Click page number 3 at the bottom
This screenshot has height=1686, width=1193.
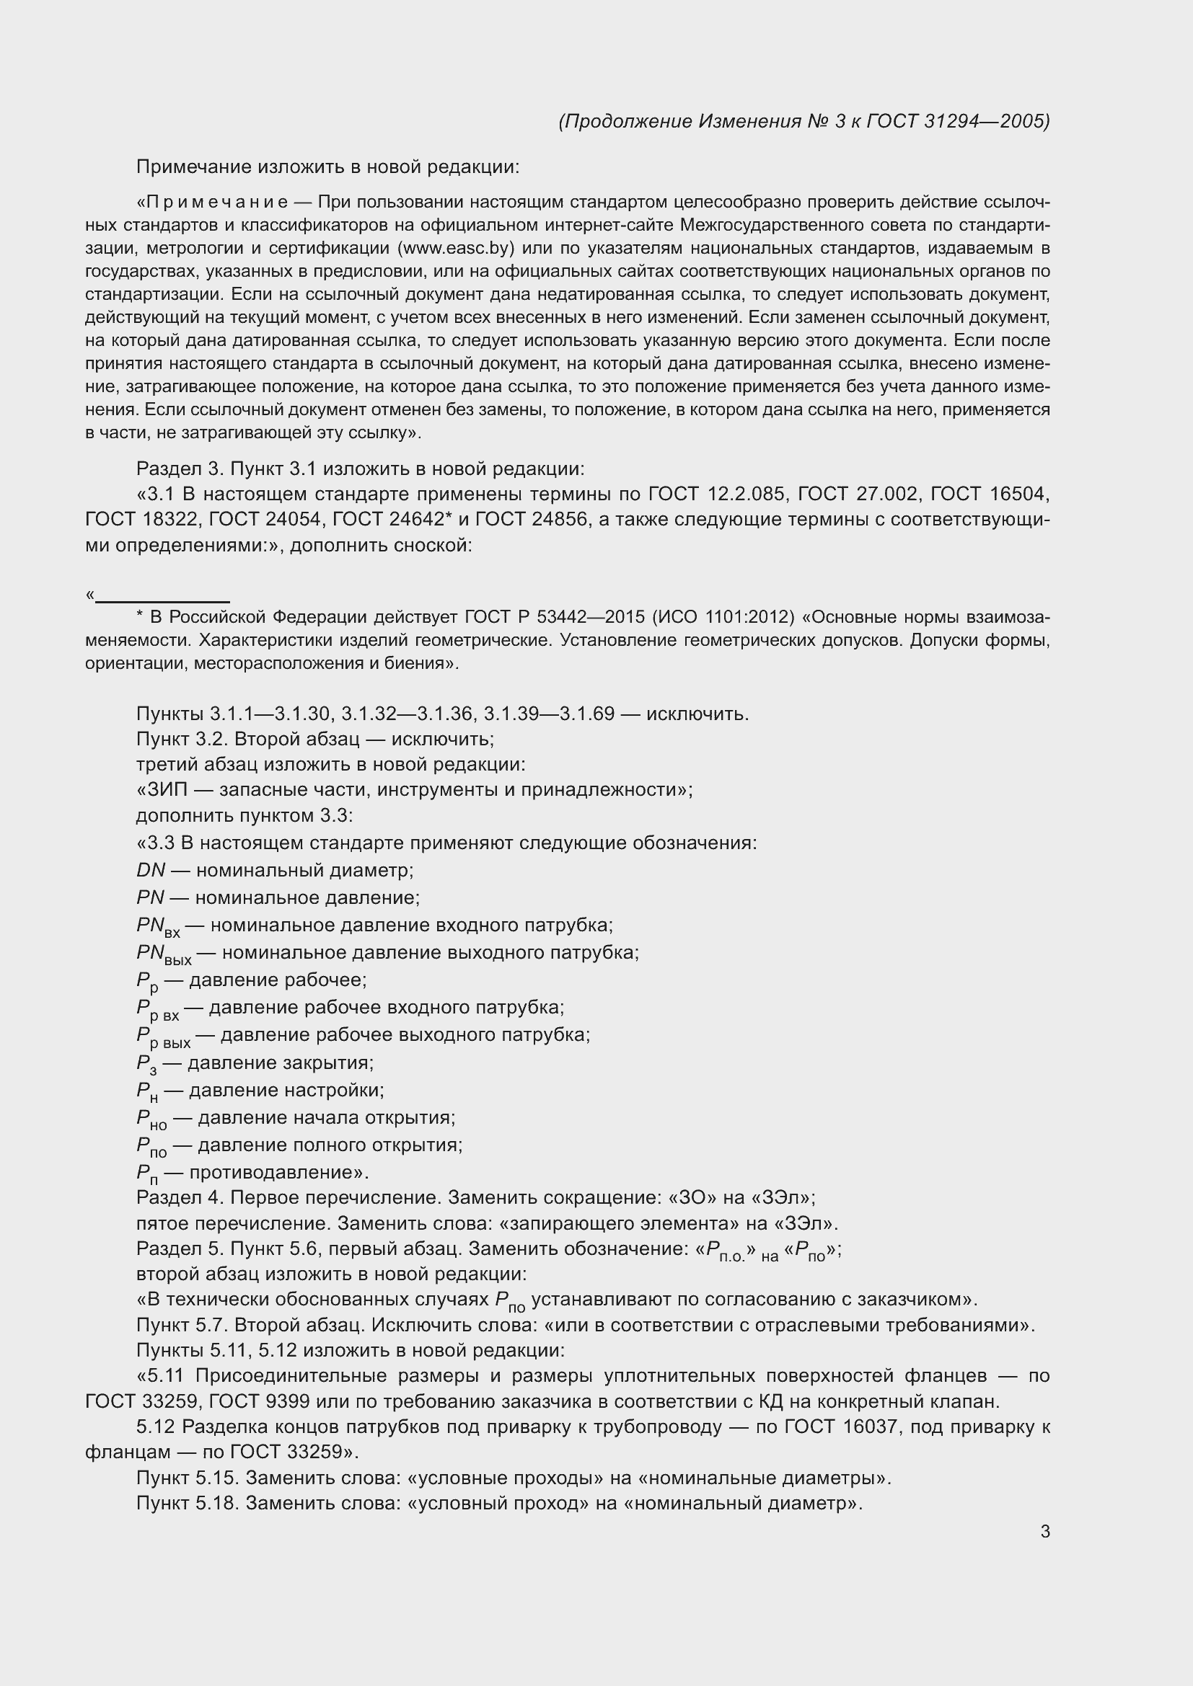tap(1044, 1532)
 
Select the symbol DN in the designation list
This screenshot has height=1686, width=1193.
tap(151, 870)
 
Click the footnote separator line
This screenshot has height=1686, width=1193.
tap(162, 601)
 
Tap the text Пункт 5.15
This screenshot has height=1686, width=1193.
tap(188, 1478)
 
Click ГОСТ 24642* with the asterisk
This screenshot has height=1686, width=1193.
tap(392, 519)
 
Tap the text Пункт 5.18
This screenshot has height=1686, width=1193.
tap(188, 1503)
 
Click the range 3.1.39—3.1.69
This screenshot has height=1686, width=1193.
tap(549, 714)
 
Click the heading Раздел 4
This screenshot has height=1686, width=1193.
tap(180, 1198)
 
